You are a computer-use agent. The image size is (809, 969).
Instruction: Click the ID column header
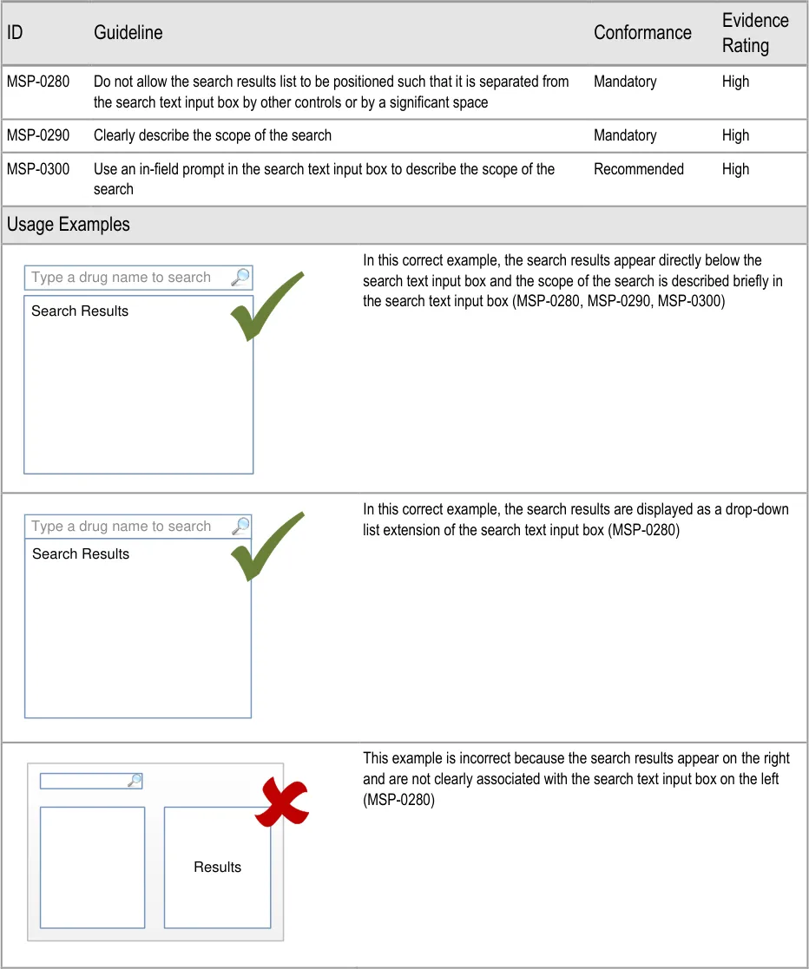[15, 33]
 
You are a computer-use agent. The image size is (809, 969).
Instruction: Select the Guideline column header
[128, 33]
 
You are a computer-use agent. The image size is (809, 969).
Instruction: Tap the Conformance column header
[642, 33]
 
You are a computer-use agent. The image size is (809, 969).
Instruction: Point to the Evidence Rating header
[754, 33]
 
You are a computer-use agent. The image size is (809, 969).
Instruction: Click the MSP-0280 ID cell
[38, 82]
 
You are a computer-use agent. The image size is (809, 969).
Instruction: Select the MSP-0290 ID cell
[38, 135]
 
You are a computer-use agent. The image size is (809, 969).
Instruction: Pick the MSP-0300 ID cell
[38, 169]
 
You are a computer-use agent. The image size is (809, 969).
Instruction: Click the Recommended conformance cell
[638, 169]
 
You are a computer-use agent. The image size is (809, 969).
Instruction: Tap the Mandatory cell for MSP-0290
[625, 135]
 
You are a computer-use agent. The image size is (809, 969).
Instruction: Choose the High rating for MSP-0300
[735, 169]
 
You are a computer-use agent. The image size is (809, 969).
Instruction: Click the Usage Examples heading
[68, 225]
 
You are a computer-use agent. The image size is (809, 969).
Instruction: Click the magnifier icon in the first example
[240, 278]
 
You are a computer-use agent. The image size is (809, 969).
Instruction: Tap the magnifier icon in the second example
[240, 526]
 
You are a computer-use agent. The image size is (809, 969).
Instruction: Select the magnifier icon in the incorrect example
[135, 781]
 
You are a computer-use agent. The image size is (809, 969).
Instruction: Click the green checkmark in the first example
[266, 305]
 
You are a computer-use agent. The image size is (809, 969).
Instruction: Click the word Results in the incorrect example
[217, 868]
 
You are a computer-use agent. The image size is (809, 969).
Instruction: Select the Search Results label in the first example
[80, 311]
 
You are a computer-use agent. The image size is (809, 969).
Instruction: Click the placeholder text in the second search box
[122, 527]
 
